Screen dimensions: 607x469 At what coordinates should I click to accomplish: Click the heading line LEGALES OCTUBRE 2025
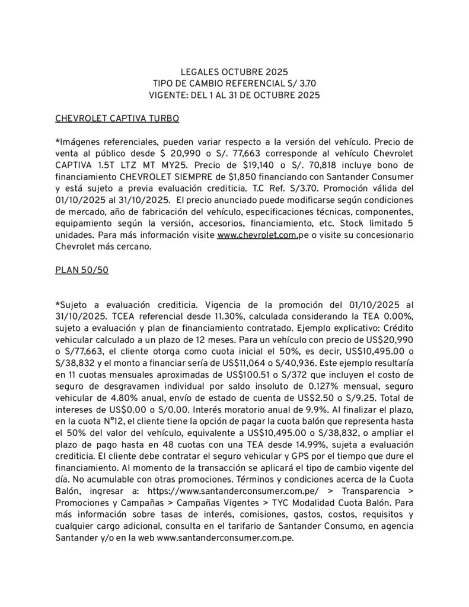coord(234,72)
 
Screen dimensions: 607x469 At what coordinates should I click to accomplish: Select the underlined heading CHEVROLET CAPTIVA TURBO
coord(117,119)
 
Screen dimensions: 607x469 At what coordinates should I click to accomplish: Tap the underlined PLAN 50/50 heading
coord(81,270)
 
